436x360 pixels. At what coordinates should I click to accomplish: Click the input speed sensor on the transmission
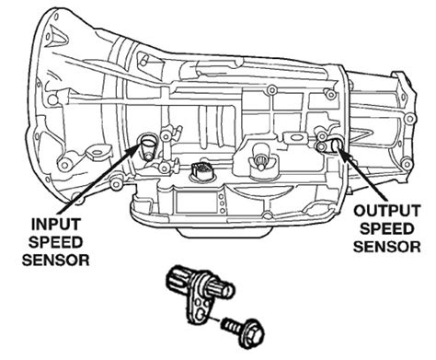pyautogui.click(x=147, y=144)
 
